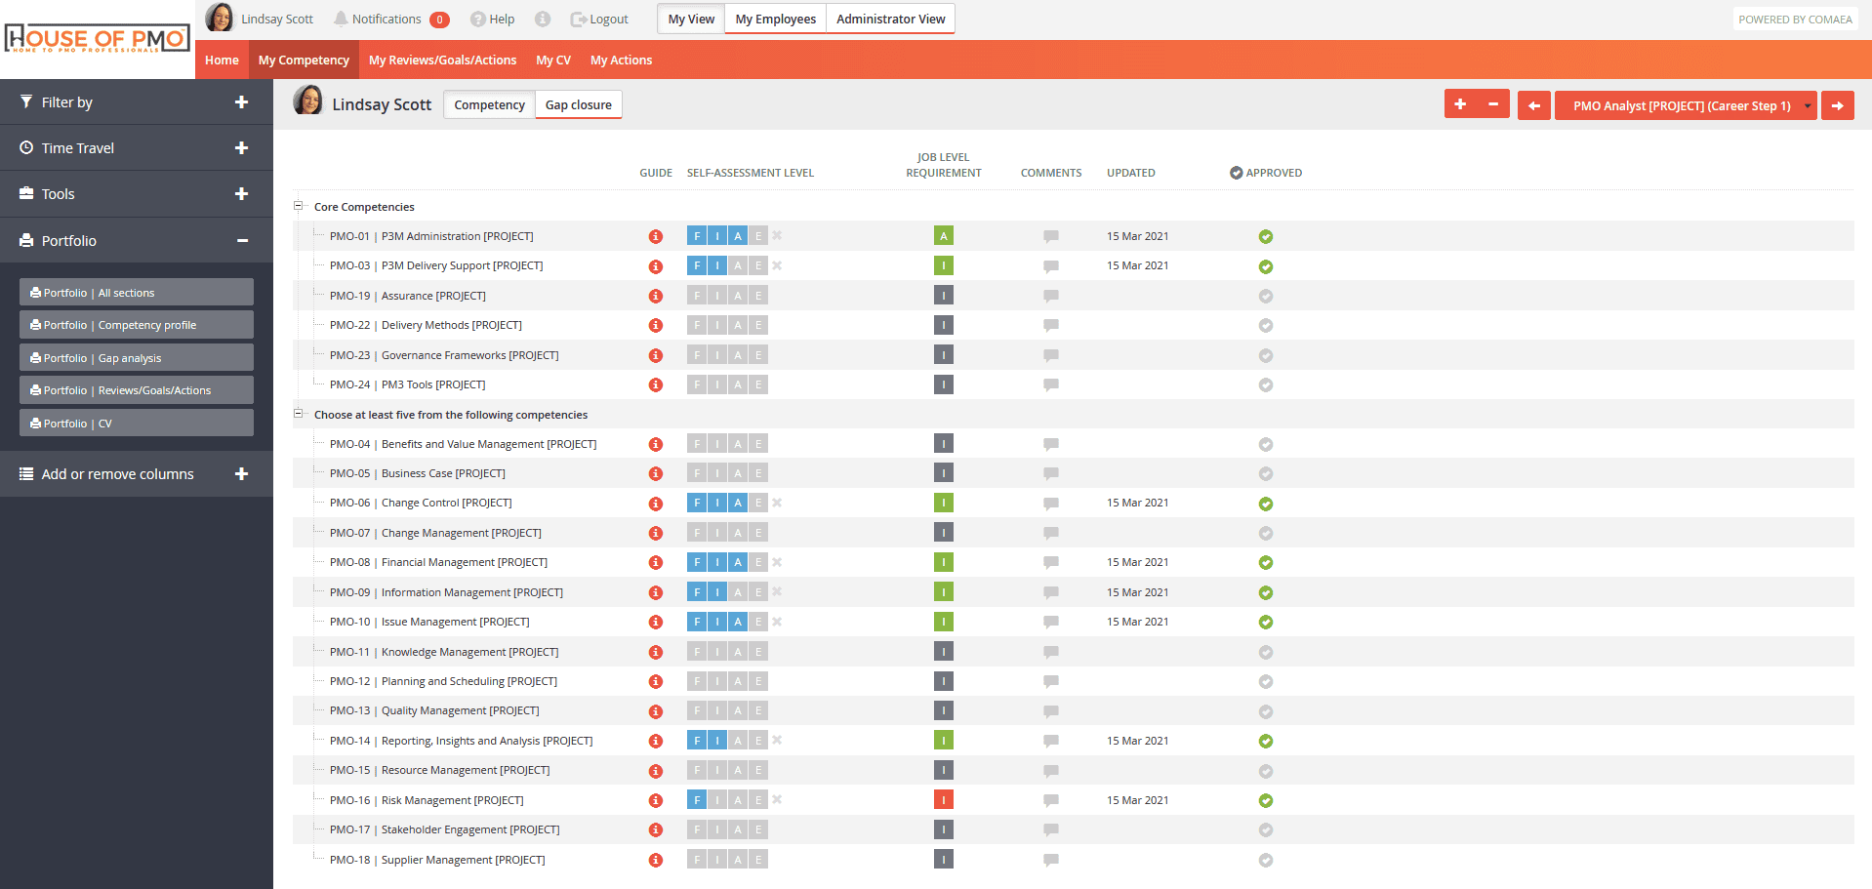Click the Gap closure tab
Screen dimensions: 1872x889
point(578,104)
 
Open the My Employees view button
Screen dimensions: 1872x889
point(775,19)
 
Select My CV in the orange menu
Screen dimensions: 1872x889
point(553,60)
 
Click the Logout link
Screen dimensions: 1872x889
point(599,19)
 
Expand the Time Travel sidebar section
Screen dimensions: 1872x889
point(241,147)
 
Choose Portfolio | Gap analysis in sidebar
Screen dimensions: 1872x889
point(137,358)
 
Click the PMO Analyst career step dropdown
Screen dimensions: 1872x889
point(1686,105)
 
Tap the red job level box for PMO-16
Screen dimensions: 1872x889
point(944,800)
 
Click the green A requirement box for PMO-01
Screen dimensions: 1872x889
point(944,236)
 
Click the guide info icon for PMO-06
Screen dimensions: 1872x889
point(656,504)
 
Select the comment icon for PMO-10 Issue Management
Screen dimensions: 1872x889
point(1051,623)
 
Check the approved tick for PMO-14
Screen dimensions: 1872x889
point(1266,742)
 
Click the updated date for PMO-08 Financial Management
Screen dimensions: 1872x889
point(1137,562)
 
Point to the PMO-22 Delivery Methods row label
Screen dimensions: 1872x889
point(426,325)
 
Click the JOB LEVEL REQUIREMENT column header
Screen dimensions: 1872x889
point(944,165)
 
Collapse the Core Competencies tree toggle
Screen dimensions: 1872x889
point(299,206)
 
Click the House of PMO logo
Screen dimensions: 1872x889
point(97,39)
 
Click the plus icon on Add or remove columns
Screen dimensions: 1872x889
point(241,473)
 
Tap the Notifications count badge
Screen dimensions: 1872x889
point(440,20)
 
